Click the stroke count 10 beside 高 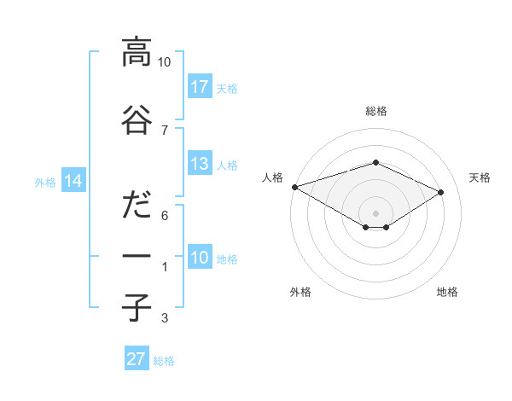click(165, 62)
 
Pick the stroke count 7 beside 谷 click(165, 130)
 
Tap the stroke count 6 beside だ click(165, 215)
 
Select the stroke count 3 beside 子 click(165, 319)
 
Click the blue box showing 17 click(200, 87)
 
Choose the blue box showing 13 click(200, 164)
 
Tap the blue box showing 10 click(200, 258)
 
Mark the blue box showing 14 click(73, 181)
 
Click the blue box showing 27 click(137, 359)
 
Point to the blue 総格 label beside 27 click(164, 361)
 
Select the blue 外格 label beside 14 click(45, 183)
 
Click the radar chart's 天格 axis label click(480, 177)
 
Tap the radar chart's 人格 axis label click(273, 177)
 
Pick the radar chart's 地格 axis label click(447, 292)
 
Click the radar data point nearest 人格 click(294, 187)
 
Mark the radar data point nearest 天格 click(441, 193)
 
